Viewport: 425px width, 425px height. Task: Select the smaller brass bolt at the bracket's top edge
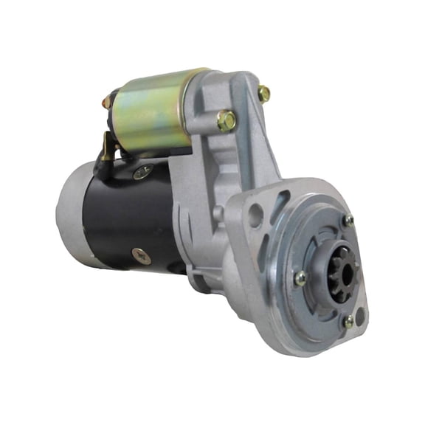click(x=263, y=93)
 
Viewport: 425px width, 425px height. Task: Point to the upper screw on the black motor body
click(x=142, y=172)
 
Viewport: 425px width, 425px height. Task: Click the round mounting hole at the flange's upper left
click(x=255, y=215)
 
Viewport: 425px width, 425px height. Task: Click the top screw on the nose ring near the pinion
click(x=348, y=221)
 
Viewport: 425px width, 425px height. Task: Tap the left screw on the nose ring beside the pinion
click(x=300, y=278)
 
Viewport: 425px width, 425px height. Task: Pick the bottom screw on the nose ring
click(x=348, y=322)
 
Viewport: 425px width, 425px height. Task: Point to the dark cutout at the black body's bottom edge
click(x=177, y=267)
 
